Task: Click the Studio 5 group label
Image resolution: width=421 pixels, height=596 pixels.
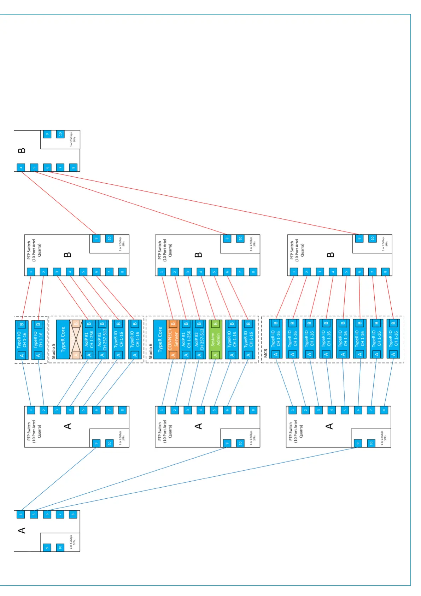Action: (x=54, y=351)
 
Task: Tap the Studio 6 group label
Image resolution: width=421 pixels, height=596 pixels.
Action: (x=151, y=351)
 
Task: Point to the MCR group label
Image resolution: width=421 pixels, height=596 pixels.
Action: (x=266, y=353)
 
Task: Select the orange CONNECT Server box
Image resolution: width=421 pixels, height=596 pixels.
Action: (x=173, y=339)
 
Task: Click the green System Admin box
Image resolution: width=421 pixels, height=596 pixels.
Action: (x=215, y=339)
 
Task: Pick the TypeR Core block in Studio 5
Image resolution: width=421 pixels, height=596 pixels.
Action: (x=63, y=339)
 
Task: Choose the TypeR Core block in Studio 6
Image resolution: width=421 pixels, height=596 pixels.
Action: (x=160, y=339)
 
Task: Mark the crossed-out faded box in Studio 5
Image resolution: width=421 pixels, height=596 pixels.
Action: (x=76, y=339)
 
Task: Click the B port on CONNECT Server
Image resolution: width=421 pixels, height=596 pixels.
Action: (x=173, y=324)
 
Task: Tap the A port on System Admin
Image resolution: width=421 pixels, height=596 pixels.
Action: (x=215, y=355)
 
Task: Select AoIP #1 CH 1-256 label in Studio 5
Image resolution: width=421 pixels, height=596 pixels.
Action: (x=89, y=339)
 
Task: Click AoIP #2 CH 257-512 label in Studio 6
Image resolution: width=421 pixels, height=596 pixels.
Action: (x=199, y=339)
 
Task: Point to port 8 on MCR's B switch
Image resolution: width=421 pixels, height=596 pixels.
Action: (x=385, y=272)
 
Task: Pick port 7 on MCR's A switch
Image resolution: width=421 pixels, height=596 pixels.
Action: (x=371, y=411)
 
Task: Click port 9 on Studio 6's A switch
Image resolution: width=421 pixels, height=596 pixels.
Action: (x=227, y=443)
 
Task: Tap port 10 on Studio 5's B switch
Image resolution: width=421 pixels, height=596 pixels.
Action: (x=109, y=238)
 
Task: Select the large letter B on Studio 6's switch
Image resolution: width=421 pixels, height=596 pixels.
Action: (x=199, y=255)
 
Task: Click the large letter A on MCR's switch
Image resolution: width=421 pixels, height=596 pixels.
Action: (x=329, y=426)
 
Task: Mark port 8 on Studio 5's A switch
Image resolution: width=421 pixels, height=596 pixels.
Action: (x=122, y=411)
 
